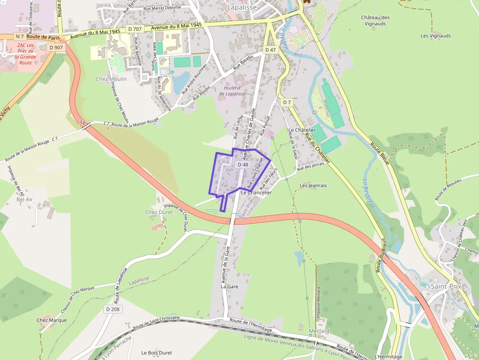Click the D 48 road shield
243,165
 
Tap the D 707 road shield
134,29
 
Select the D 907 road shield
56,47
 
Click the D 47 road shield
270,50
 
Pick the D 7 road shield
286,102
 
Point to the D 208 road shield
112,309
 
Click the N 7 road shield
20,37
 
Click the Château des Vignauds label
375,21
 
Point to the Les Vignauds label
435,36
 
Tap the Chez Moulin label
111,79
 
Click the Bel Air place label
24,199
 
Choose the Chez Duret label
158,212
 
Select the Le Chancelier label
256,192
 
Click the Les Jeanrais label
313,186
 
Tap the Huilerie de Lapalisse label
235,90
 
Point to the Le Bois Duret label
156,352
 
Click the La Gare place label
229,286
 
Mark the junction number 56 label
83,123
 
